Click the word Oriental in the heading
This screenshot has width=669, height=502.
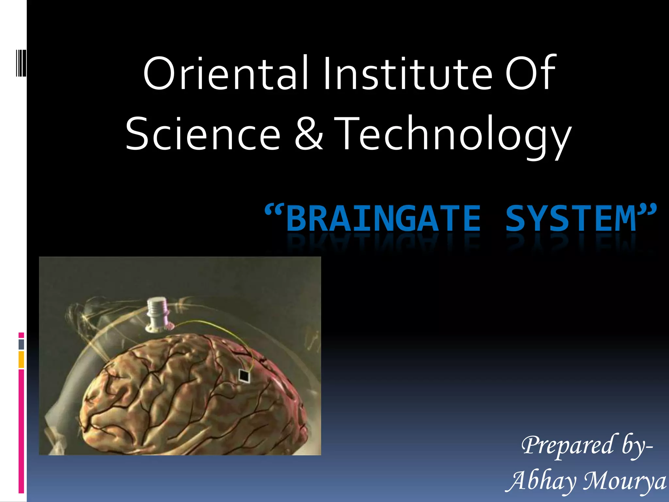pos(226,74)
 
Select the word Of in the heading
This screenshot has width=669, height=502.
pos(530,74)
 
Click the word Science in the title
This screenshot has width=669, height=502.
pos(203,134)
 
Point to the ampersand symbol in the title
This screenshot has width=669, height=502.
pos(309,134)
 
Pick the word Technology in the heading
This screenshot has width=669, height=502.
pos(452,136)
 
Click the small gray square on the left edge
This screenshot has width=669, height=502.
pos(21,344)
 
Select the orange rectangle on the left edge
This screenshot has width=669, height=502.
pos(21,360)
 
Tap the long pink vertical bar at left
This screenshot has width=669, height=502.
pos(21,431)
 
